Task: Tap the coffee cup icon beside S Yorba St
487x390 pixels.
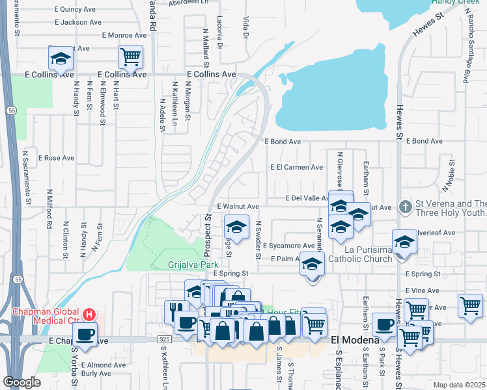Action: click(84, 335)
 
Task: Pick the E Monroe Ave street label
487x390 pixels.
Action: click(124, 35)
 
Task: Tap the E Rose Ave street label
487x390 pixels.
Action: click(57, 158)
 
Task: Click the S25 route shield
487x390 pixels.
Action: click(165, 340)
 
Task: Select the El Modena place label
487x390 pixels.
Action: click(355, 340)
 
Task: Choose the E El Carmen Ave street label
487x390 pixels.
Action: click(296, 167)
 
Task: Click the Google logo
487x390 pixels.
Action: click(22, 382)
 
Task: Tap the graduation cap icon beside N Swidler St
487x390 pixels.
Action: click(236, 227)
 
